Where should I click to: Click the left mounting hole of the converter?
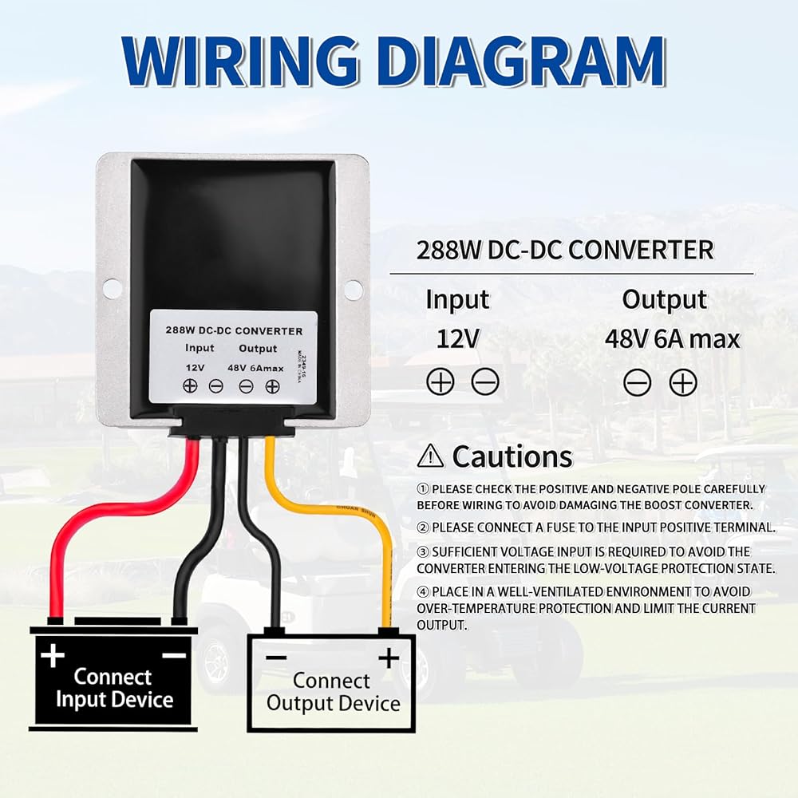[x=112, y=288]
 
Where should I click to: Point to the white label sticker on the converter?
[x=234, y=356]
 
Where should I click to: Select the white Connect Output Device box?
[x=332, y=682]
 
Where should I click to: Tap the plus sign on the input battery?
[x=53, y=656]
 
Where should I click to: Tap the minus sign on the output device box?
[x=276, y=658]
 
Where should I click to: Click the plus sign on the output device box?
[x=389, y=658]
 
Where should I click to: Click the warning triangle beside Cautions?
[x=430, y=456]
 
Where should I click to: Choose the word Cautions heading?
[x=512, y=456]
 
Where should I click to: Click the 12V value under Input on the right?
[x=458, y=338]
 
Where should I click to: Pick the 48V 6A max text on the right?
[x=672, y=338]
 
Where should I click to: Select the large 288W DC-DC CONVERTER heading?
[x=564, y=250]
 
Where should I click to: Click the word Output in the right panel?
[x=665, y=300]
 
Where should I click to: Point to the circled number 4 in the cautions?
[x=423, y=591]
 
